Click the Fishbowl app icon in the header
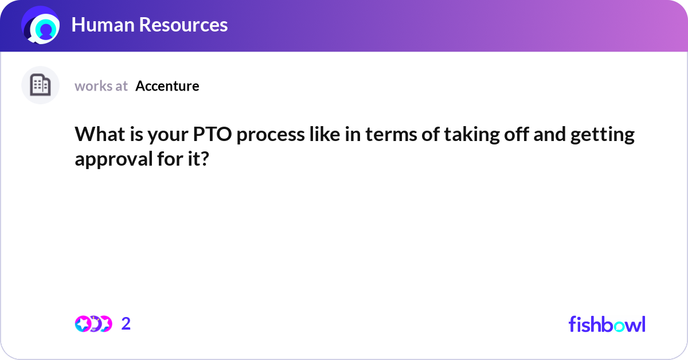point(41,25)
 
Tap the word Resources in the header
point(184,25)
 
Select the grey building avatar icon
point(40,85)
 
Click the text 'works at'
point(101,86)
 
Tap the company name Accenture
point(167,86)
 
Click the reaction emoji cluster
point(93,324)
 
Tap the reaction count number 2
point(126,324)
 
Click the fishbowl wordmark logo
point(607,324)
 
